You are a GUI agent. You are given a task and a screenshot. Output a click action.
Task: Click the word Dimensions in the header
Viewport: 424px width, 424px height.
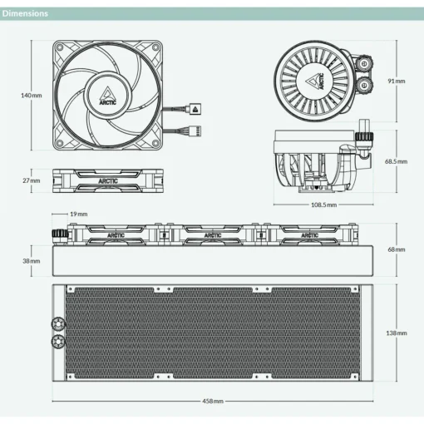point(25,13)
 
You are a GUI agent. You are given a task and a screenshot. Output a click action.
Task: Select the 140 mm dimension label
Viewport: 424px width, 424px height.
point(32,96)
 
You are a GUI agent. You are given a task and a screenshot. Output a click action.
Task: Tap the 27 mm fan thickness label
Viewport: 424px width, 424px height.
point(32,180)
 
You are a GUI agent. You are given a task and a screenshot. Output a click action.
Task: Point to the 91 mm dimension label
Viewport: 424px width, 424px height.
point(397,81)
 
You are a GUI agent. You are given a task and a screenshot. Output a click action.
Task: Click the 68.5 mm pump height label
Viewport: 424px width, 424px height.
point(396,161)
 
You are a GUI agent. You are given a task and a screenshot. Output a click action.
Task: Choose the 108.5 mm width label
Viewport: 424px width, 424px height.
point(323,205)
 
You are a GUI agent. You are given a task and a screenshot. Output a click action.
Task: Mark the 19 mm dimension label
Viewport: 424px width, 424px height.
point(79,214)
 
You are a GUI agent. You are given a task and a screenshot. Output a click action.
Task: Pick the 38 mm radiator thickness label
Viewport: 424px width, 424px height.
point(32,261)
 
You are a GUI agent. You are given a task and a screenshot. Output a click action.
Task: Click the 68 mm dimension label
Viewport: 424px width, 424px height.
point(397,249)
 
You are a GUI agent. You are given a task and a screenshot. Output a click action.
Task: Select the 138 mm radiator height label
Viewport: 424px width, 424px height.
point(397,333)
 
